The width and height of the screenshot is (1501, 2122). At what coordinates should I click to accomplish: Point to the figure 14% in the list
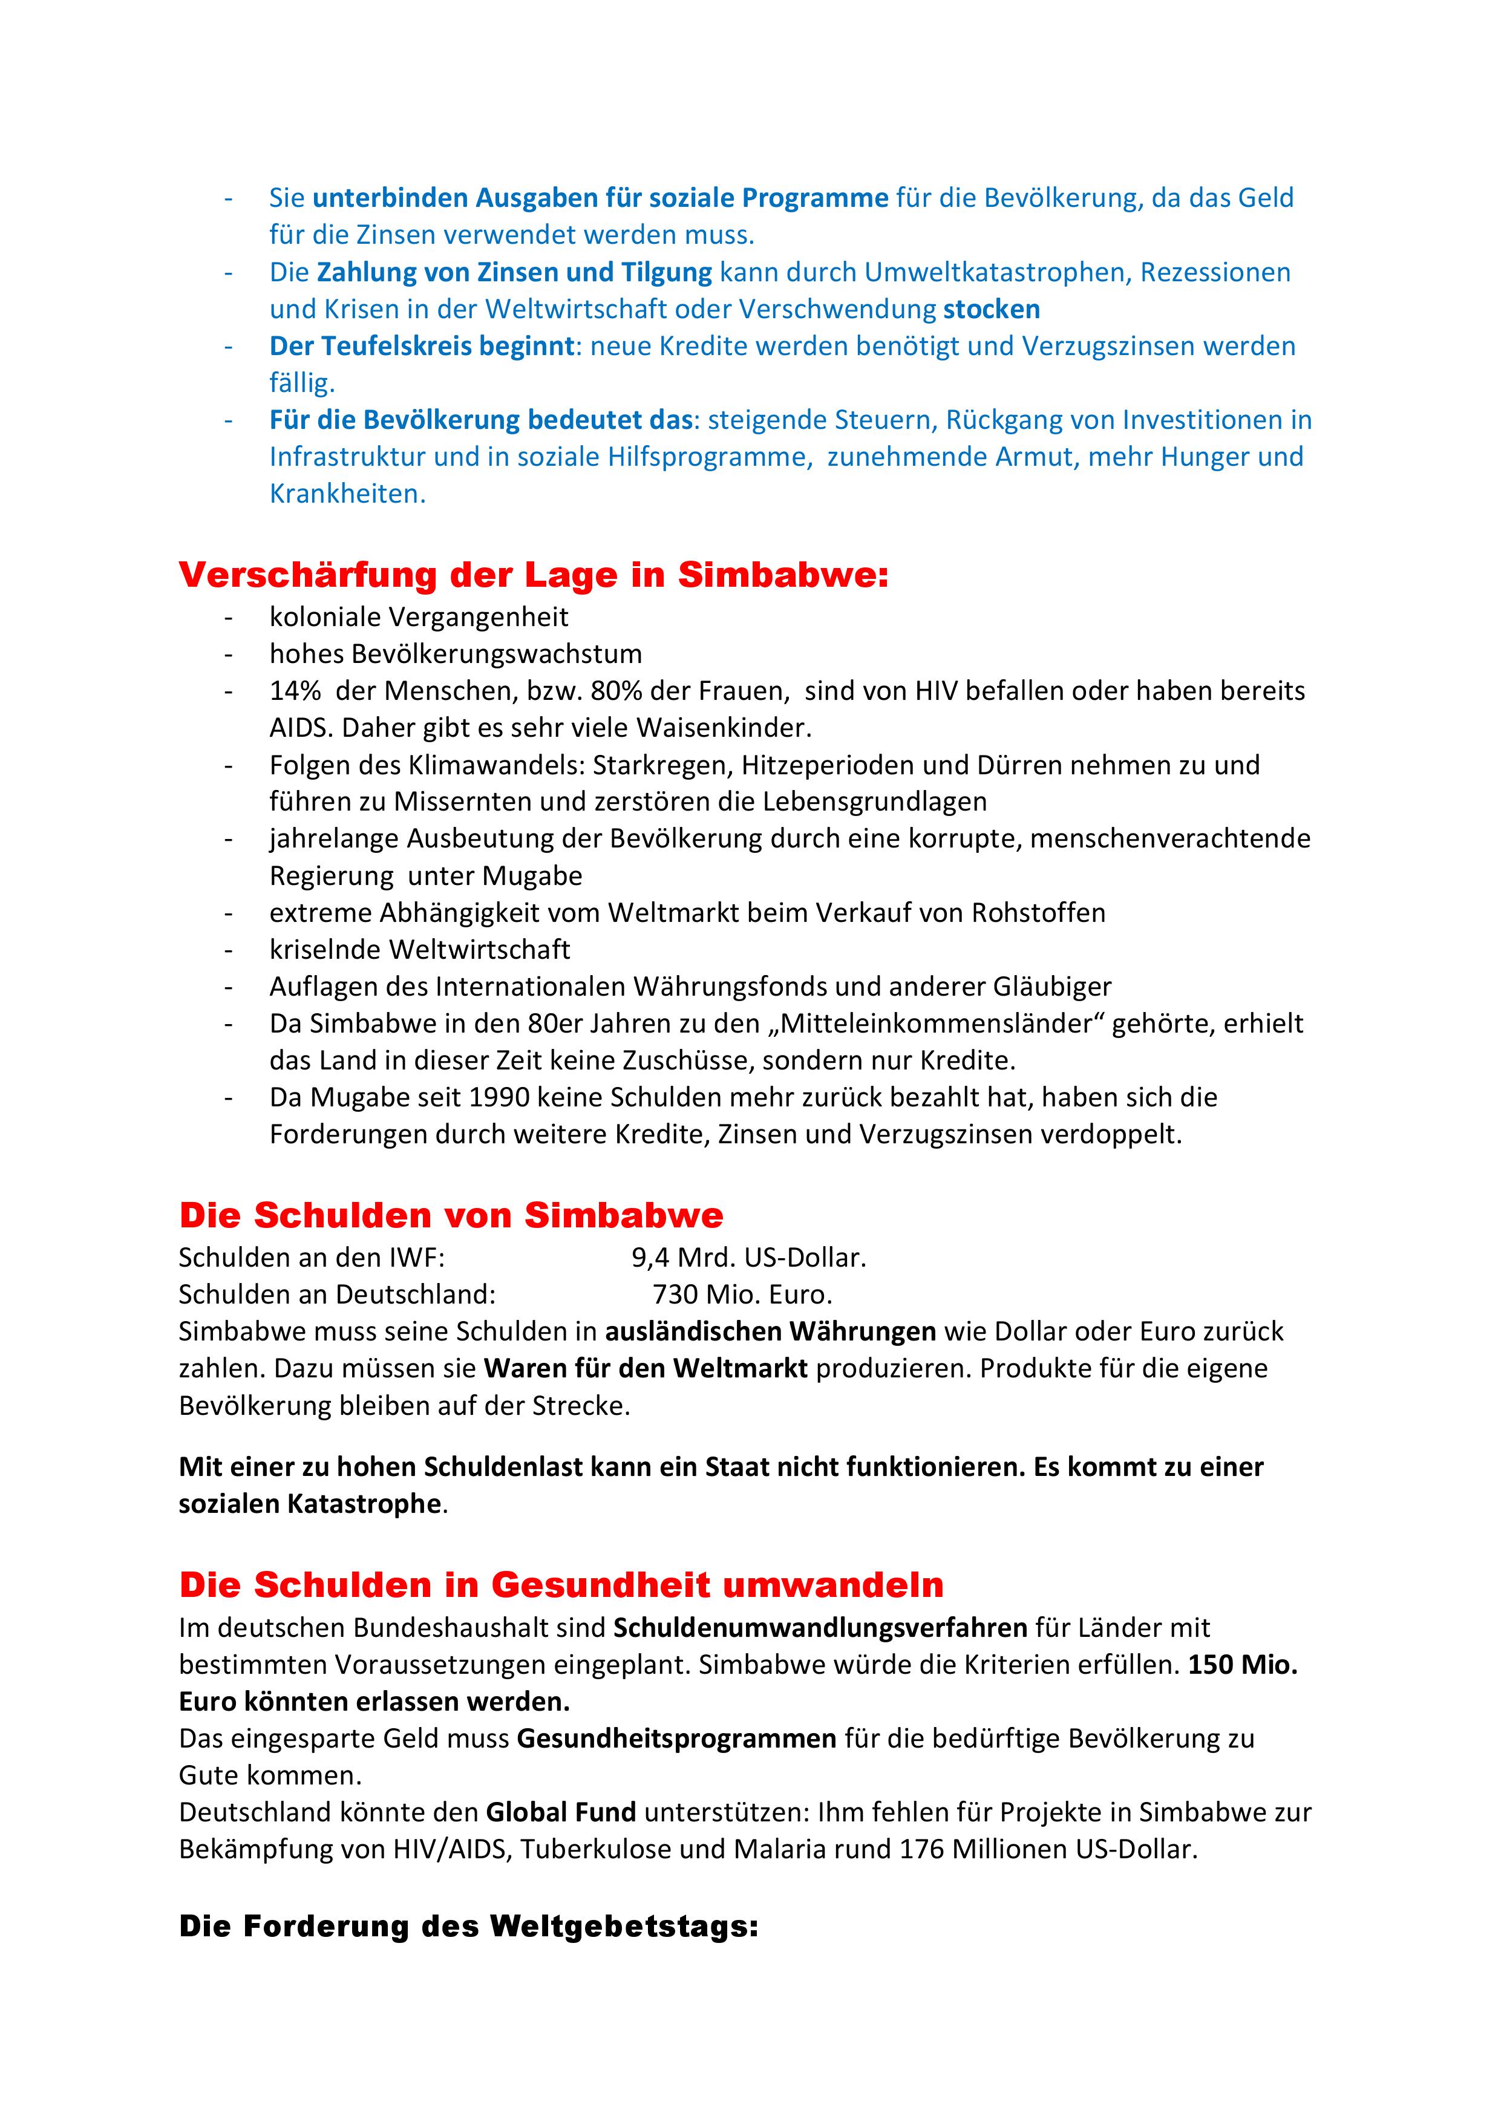295,691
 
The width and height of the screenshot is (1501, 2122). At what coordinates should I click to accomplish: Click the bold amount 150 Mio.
1242,1665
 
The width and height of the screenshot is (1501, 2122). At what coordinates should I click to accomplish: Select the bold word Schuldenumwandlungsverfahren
820,1628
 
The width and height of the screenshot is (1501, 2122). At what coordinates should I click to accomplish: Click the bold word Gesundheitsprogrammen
676,1738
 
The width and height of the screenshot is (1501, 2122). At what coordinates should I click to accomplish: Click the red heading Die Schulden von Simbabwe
451,1215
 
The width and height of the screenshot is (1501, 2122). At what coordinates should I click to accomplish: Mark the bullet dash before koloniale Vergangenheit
228,618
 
